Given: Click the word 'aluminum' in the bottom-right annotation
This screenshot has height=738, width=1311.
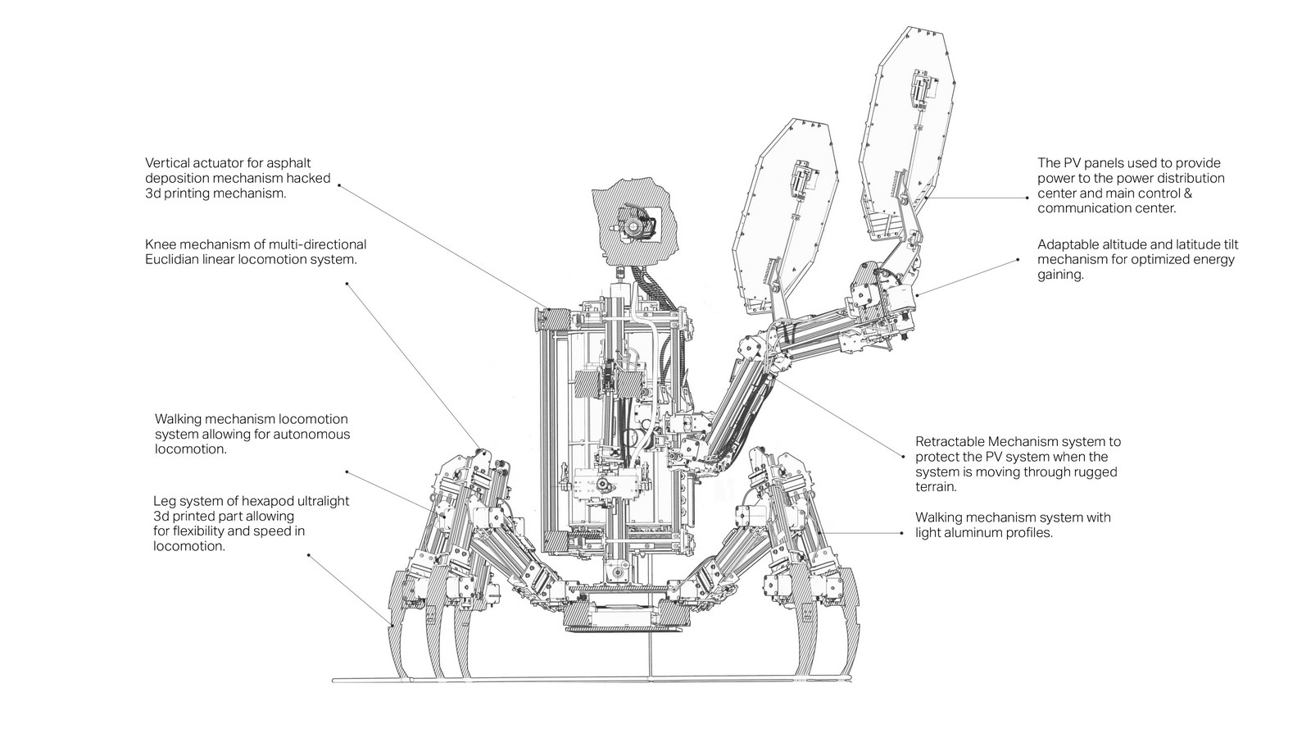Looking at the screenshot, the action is point(973,533).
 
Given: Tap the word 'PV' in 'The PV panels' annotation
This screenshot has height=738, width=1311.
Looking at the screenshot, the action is point(1073,163).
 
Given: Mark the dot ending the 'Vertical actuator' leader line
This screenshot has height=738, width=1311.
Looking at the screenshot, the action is point(339,185).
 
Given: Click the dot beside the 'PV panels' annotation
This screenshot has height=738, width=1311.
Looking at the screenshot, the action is point(1027,198).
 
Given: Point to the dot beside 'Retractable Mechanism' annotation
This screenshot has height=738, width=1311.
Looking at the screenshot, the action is point(903,456).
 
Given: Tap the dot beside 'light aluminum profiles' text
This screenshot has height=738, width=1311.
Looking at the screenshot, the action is point(902,533).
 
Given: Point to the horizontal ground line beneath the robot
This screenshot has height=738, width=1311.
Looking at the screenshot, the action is point(591,680).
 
